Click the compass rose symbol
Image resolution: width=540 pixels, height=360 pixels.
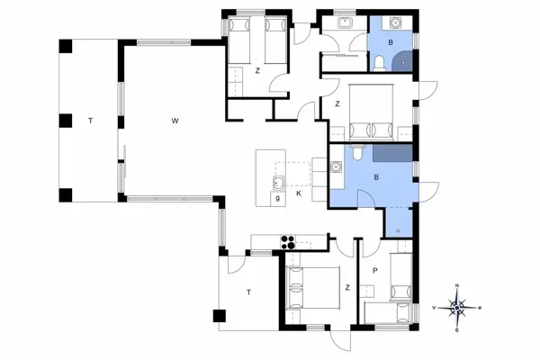(457, 307)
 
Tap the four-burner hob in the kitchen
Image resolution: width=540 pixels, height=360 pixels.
(289, 240)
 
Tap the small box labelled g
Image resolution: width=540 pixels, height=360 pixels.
(277, 196)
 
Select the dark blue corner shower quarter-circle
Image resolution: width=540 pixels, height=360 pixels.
(407, 62)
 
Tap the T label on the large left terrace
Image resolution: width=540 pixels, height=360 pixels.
(89, 120)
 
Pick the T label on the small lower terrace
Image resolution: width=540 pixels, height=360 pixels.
(248, 291)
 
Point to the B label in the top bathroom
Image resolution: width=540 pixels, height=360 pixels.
(390, 42)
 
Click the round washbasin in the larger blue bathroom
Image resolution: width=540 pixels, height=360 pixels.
(335, 166)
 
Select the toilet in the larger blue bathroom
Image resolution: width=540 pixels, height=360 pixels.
(357, 154)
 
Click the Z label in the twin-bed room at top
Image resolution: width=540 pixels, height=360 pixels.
(256, 70)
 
